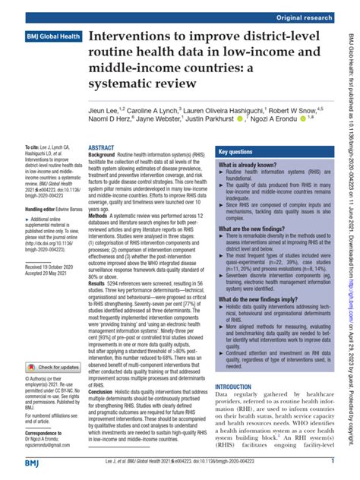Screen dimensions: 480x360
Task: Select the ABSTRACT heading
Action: (x=101, y=148)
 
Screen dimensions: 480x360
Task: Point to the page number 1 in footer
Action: (x=333, y=463)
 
